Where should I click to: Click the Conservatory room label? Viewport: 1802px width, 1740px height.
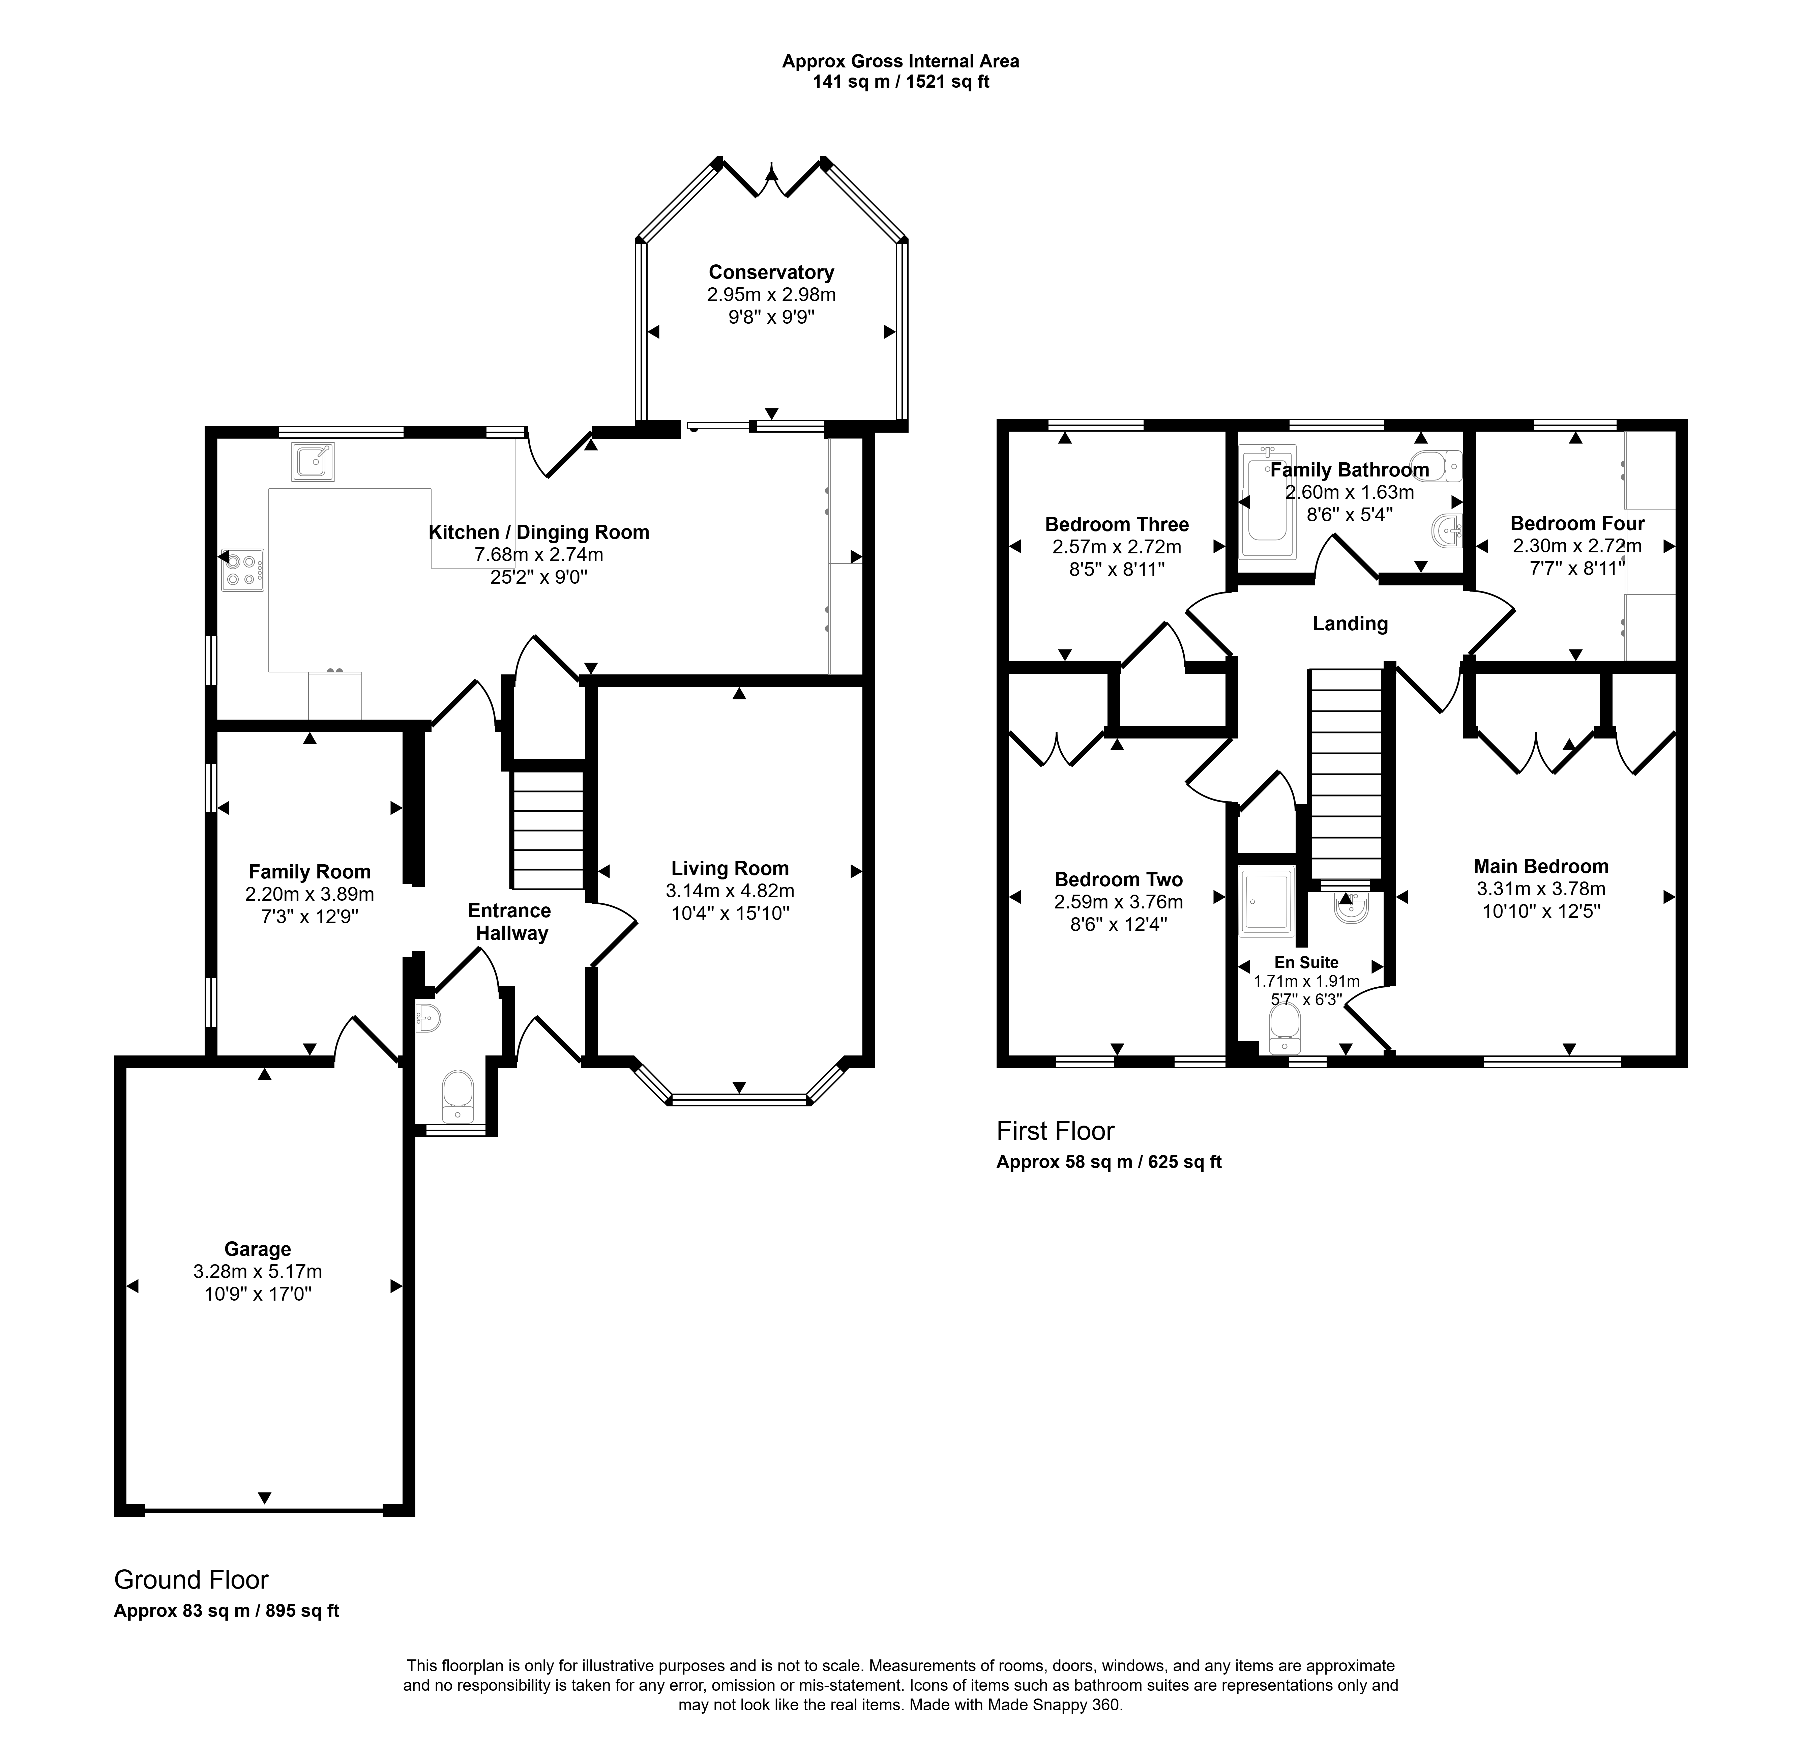coord(771,272)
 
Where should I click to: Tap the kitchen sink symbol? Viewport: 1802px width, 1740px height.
coord(313,462)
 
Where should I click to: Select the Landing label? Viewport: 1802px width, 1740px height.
coord(1350,623)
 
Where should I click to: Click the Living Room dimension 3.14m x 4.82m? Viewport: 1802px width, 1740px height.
coord(730,890)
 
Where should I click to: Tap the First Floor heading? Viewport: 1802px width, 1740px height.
coord(1056,1130)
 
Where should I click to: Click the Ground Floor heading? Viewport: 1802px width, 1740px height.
coord(191,1579)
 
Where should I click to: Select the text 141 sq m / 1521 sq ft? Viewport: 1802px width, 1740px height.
coord(901,82)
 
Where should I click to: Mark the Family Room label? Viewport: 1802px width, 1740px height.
coord(310,872)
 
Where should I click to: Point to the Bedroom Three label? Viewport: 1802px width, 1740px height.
coord(1117,524)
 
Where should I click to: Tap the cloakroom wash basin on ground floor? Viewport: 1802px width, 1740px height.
coord(427,1017)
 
